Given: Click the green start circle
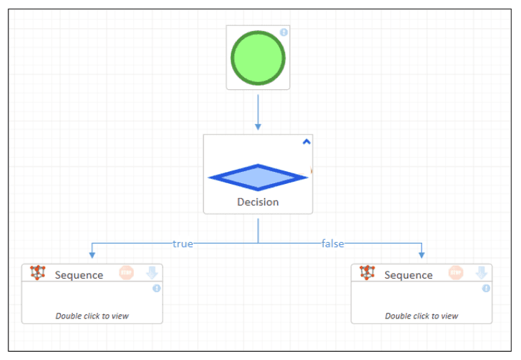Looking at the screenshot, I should pos(258,58).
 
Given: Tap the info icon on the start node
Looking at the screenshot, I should pos(284,32).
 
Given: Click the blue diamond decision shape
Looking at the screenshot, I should pos(258,178).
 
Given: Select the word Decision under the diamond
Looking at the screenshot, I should pos(258,202).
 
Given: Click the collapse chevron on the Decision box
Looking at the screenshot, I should pos(306,141).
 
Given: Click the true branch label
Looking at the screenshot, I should pos(183,244).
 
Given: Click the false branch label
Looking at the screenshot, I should pos(332,244).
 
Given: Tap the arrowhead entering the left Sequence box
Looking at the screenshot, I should pos(92,255).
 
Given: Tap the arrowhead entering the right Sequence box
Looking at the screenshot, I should pos(421,255).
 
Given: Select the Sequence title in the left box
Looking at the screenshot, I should pos(79,275).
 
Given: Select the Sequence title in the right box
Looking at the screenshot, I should pos(409,275).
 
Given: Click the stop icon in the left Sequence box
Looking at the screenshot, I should pos(126,273).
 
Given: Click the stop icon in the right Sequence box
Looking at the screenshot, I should pos(456,273).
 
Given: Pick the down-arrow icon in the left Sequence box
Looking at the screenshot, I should pos(151,273).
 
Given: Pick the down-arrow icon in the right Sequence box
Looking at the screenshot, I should pos(482,273).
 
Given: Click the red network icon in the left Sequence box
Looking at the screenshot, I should pos(38,273).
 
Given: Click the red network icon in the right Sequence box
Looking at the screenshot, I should pos(367,273).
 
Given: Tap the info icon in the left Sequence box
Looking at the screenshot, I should pos(156,288).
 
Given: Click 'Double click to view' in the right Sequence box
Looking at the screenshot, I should pos(421,316).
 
